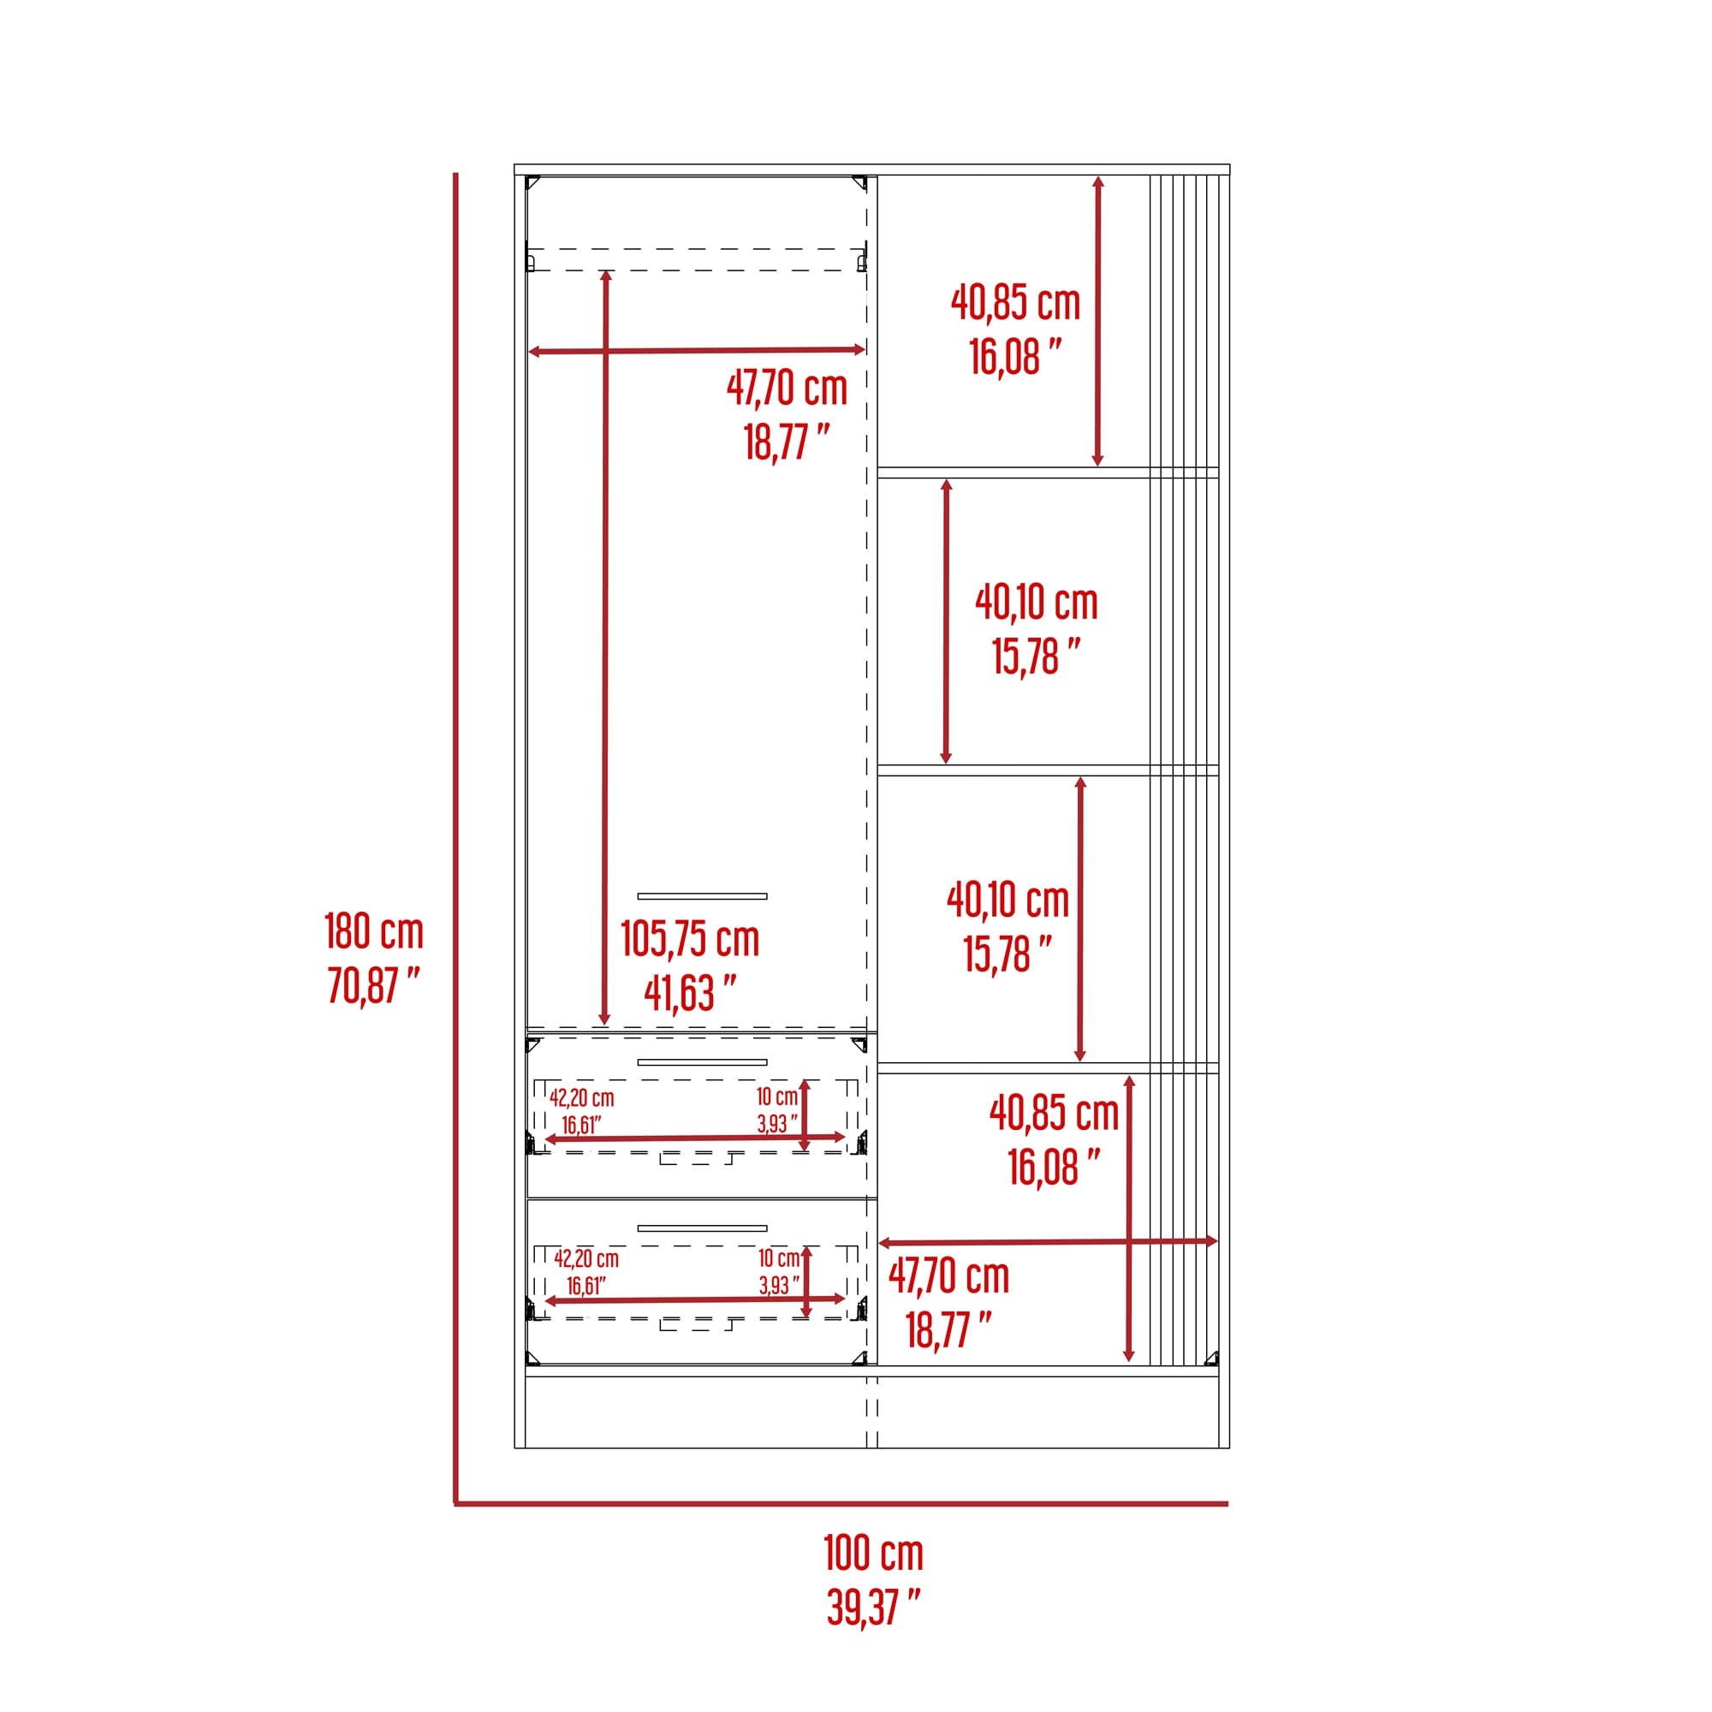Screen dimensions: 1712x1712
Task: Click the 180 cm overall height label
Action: point(374,931)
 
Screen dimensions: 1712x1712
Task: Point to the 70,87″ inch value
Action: point(374,984)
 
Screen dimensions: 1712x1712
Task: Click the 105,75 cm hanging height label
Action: point(690,939)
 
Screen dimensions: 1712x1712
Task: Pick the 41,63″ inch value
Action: point(690,993)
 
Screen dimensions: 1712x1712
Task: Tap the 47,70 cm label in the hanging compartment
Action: point(787,388)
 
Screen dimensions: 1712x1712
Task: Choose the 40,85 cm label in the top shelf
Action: point(1015,303)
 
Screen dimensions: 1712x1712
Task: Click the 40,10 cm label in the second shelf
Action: point(1037,603)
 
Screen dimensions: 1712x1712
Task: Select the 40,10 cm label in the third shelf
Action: point(1008,901)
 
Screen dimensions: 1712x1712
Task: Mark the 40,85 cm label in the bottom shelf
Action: point(1055,1113)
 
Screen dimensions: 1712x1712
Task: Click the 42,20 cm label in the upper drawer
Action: point(581,1098)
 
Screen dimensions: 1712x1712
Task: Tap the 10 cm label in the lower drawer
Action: point(779,1258)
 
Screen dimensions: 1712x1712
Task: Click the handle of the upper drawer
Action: point(702,1061)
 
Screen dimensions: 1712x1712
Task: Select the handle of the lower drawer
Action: point(702,1228)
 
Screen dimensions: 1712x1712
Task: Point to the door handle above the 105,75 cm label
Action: point(702,896)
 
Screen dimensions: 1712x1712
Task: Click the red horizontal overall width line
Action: point(841,1504)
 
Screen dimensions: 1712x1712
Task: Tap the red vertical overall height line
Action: point(455,838)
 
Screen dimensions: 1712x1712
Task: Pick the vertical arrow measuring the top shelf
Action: point(1098,321)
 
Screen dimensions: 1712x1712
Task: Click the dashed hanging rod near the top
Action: point(697,259)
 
